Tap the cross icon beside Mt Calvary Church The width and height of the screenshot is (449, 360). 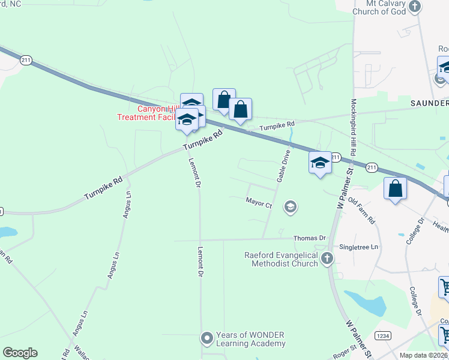pyautogui.click(x=415, y=7)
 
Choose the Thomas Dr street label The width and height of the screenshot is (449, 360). pyautogui.click(x=310, y=238)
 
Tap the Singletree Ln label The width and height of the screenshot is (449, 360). pyautogui.click(x=360, y=247)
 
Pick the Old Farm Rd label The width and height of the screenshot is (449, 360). pyautogui.click(x=361, y=212)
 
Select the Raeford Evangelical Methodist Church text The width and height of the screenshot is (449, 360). pyautogui.click(x=281, y=259)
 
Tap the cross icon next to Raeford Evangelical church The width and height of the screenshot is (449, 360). pyautogui.click(x=327, y=259)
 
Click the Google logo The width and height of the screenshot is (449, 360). pyautogui.click(x=20, y=352)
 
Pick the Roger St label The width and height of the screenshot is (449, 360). pyautogui.click(x=345, y=354)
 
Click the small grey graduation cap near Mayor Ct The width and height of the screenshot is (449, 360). pyautogui.click(x=291, y=207)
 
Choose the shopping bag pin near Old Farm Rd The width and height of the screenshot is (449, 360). pyautogui.click(x=395, y=189)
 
